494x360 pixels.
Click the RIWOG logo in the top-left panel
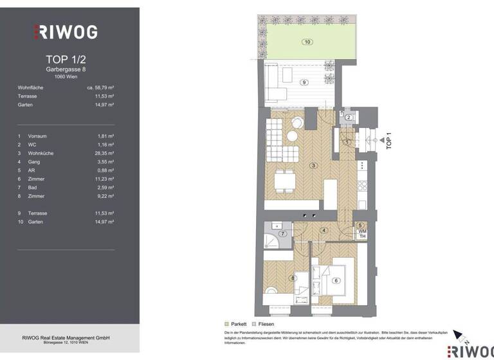point(65,31)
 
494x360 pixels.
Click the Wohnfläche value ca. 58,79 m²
point(100,87)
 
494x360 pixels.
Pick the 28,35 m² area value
point(102,153)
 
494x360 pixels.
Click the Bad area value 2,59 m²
point(104,187)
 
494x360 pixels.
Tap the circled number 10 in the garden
point(307,42)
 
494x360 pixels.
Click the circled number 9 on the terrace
point(304,82)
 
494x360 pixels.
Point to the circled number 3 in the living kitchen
point(313,166)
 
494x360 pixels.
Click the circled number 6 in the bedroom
point(335,280)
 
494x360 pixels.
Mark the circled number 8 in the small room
point(293,278)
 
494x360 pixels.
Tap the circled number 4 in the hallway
point(324,230)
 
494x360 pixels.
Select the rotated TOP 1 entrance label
point(388,141)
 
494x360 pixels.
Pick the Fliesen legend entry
point(264,324)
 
